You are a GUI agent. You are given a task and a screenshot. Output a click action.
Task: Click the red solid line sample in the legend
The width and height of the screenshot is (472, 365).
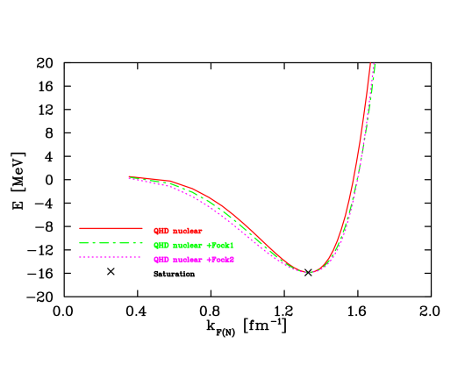111,228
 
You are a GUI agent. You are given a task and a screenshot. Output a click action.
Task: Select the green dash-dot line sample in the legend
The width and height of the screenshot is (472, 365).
111,243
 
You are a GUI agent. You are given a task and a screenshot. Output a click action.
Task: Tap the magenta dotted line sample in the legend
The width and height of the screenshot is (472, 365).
111,257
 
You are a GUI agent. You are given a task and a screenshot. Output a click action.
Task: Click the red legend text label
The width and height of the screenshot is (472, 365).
178,231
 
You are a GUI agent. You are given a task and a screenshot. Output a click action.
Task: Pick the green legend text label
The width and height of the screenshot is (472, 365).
194,245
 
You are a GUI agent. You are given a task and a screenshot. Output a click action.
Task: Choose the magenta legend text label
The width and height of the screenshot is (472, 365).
194,260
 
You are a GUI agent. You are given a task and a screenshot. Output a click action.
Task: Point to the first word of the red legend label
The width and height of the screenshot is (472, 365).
161,231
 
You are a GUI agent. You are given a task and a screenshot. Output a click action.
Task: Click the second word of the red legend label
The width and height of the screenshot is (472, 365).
187,231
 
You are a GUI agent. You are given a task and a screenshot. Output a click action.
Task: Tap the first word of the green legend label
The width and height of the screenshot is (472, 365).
161,245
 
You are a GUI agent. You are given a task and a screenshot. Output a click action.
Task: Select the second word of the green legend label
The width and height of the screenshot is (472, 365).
187,245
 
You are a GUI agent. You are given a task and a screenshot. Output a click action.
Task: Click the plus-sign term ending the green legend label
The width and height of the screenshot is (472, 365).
220,245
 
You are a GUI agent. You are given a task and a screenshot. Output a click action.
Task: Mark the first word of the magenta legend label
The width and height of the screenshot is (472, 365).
161,260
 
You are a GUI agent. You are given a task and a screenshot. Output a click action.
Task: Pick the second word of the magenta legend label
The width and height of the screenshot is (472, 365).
187,260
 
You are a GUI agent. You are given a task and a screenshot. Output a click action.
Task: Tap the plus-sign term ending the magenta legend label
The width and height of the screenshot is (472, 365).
220,260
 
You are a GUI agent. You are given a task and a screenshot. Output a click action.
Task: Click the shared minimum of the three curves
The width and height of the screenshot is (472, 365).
308,272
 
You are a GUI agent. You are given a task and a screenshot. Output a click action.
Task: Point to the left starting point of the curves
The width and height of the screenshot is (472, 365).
130,177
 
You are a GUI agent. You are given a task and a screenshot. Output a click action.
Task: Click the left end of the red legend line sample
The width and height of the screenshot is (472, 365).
80,228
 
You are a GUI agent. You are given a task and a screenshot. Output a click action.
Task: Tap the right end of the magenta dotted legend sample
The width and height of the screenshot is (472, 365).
141,257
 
